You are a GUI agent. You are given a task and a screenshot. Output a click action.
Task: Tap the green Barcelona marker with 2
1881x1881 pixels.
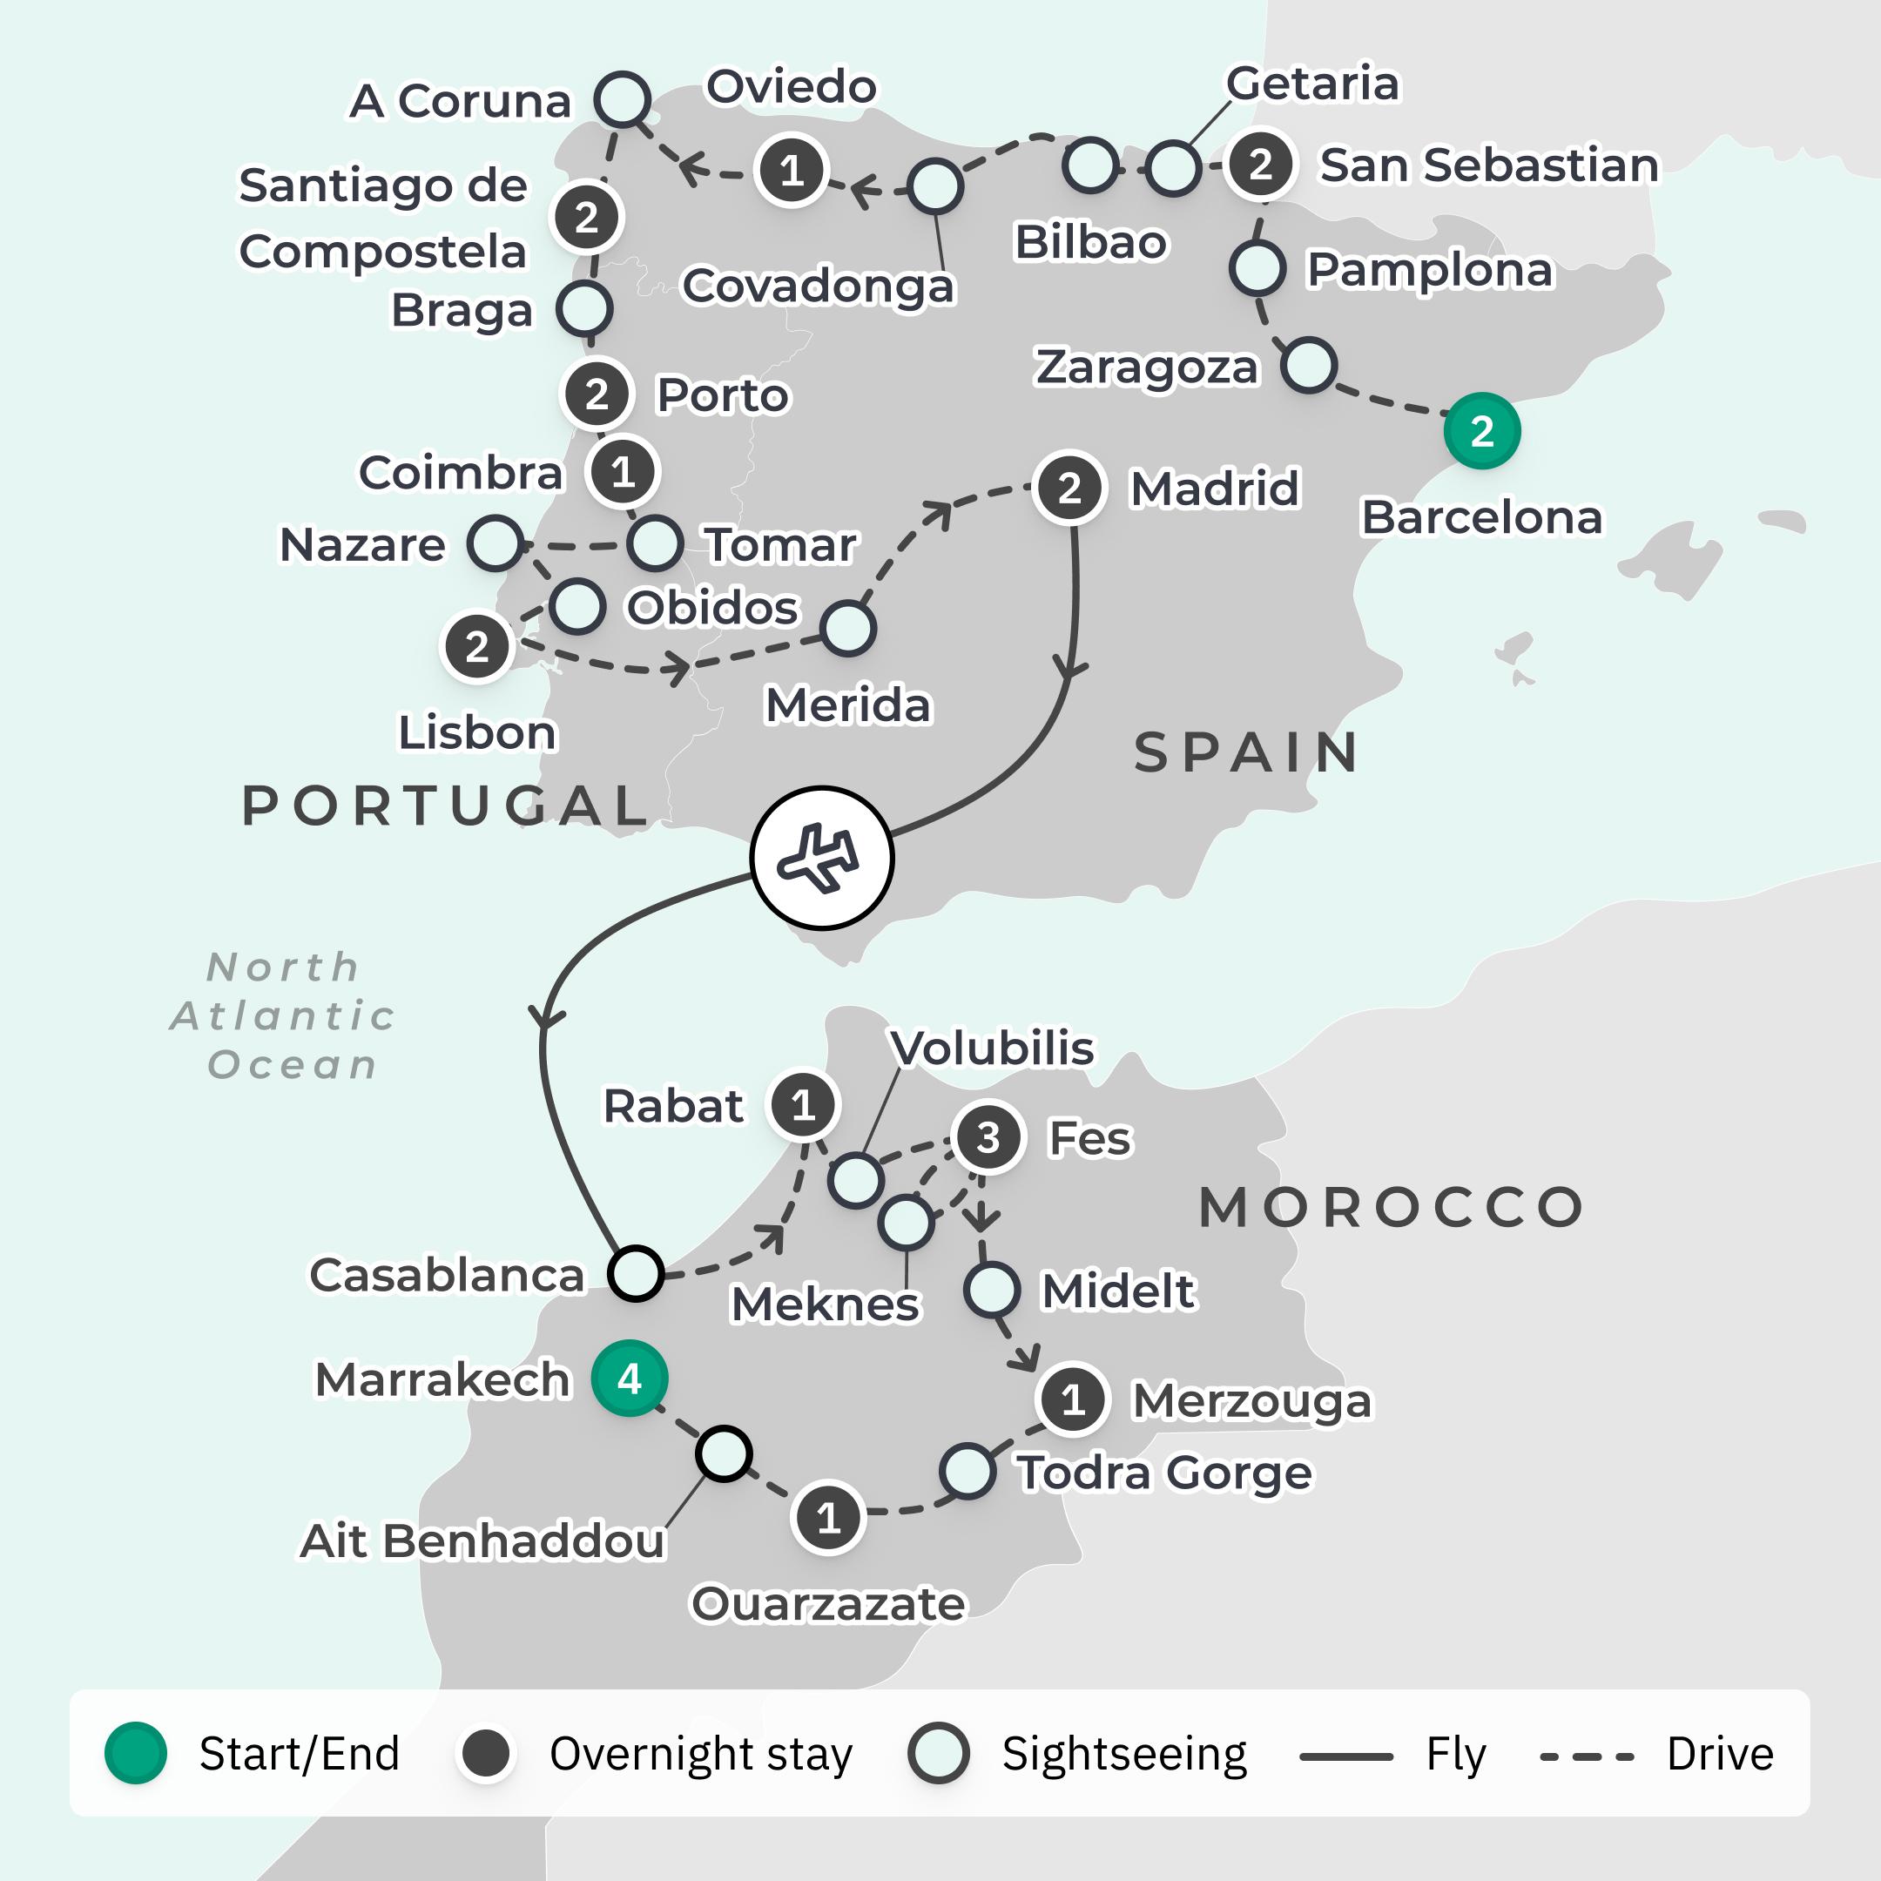[x=1480, y=430]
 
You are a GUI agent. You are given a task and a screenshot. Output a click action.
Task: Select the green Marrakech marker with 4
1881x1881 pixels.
[x=630, y=1379]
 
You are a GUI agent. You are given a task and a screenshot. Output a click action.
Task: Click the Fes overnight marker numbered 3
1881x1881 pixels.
[x=988, y=1137]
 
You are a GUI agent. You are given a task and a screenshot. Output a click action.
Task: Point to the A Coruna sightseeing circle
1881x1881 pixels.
[x=622, y=98]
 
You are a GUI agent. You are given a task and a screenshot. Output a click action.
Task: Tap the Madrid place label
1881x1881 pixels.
[x=1214, y=488]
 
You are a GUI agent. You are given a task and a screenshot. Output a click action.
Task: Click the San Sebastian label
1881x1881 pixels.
[x=1487, y=165]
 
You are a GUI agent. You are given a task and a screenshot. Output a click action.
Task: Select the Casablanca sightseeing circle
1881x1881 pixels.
[x=635, y=1272]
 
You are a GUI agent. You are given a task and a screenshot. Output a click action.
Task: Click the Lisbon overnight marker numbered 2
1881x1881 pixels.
[x=476, y=646]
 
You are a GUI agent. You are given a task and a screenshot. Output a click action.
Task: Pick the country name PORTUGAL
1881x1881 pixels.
[x=445, y=806]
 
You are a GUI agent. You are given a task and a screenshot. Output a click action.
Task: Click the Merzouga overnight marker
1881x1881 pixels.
[x=1073, y=1400]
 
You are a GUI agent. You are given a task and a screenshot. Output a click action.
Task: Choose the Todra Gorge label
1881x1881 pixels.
[x=1164, y=1472]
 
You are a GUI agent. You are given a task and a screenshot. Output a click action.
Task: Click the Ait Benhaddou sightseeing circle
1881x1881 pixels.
[x=724, y=1453]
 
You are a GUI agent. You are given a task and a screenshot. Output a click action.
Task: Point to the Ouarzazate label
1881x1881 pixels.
[x=828, y=1603]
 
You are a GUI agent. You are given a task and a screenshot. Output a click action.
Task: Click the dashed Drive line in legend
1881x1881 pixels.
[x=1586, y=1756]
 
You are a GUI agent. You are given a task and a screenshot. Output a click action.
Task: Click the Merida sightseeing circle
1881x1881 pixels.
[x=847, y=628]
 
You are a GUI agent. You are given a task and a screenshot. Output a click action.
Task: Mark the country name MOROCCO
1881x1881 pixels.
[x=1392, y=1207]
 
